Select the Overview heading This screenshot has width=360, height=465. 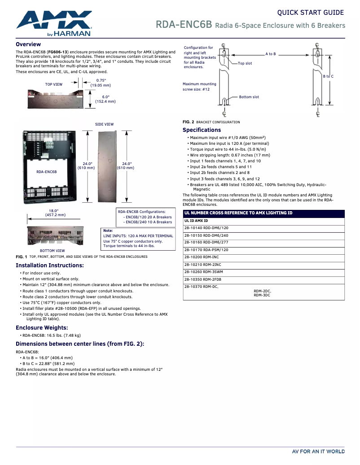click(x=28, y=44)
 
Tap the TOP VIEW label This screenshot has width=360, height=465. click(x=54, y=84)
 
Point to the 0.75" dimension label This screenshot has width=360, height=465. click(x=101, y=80)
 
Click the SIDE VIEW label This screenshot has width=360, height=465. click(x=104, y=124)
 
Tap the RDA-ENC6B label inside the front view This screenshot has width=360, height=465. click(x=47, y=172)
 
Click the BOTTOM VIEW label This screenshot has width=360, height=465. click(x=52, y=251)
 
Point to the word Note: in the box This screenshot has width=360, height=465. click(x=108, y=230)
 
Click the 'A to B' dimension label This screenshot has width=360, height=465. click(x=271, y=54)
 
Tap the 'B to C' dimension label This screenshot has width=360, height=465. click(x=328, y=76)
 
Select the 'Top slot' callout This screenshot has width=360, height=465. click(x=245, y=63)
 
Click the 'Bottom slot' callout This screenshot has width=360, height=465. click(x=249, y=97)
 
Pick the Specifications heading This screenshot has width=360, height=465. click(x=202, y=130)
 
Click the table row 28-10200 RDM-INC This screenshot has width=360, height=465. click(x=202, y=257)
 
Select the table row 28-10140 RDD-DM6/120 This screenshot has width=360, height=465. click(x=206, y=228)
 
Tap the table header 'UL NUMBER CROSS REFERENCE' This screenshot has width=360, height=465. click(x=238, y=213)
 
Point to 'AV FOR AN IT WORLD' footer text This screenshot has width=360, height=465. click(x=318, y=452)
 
